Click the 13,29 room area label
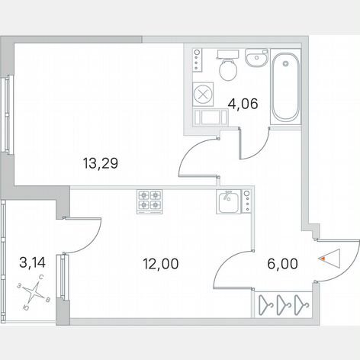[x=101, y=163]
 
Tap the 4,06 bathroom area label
[x=243, y=104]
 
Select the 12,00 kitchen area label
[x=161, y=264]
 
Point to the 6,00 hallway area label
[x=282, y=264]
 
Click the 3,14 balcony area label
[x=32, y=262]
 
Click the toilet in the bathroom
[x=228, y=66]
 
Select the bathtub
[x=285, y=87]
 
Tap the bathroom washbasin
[x=257, y=58]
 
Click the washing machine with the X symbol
[x=203, y=95]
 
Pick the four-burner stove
[x=149, y=201]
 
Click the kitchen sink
[x=229, y=201]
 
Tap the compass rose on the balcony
[x=34, y=292]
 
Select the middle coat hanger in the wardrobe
[x=284, y=304]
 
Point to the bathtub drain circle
[x=286, y=63]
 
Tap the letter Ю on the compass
[x=26, y=308]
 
